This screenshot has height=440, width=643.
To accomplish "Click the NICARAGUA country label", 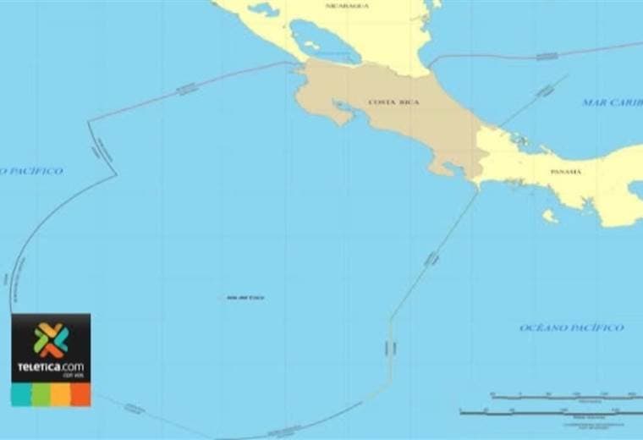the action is (347, 6).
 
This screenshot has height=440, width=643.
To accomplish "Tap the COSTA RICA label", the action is (393, 102).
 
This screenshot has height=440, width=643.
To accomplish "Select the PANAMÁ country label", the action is (565, 172).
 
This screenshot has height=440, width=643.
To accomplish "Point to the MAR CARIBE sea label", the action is (612, 102).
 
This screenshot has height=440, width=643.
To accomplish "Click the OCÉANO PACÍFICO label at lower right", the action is (571, 327).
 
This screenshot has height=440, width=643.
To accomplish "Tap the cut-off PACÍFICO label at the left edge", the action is (31, 171).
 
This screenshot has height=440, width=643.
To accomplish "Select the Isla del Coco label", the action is (245, 298).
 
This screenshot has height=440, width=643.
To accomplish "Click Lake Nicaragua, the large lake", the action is (323, 41).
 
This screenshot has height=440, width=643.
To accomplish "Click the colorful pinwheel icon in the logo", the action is (51, 339).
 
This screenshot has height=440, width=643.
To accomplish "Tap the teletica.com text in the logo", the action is (51, 367).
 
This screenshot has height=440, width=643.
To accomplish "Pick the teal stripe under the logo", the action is (20, 394).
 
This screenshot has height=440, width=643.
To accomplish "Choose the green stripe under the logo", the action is (41, 394).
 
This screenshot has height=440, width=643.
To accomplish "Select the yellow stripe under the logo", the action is (60, 394).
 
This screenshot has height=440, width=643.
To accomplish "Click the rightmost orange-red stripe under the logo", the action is (80, 394).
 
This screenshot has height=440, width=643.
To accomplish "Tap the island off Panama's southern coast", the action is (550, 217).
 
